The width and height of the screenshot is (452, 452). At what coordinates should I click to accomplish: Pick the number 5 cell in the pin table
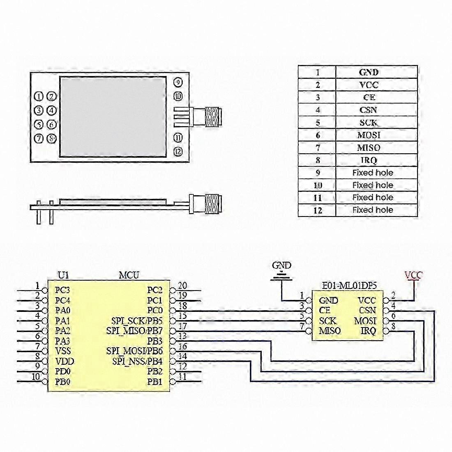point(317,122)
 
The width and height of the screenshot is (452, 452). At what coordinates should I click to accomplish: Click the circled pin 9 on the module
point(178,83)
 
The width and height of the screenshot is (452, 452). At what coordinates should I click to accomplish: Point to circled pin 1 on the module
point(39,97)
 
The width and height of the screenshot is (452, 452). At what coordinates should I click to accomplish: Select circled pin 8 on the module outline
point(52,138)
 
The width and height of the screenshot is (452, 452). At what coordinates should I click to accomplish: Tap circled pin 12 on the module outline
point(178,151)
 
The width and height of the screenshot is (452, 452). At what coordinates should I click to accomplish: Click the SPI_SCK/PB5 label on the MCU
point(137,321)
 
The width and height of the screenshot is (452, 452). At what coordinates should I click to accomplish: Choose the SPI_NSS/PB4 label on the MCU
point(137,361)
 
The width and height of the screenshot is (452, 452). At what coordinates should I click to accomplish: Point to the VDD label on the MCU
point(65,361)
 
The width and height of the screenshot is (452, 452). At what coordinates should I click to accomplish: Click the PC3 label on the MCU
point(62,290)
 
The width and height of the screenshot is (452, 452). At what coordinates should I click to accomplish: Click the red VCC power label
point(413,275)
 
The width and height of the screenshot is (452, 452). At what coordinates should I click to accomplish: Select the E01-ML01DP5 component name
point(349,286)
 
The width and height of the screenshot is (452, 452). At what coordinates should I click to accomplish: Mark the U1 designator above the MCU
point(63,275)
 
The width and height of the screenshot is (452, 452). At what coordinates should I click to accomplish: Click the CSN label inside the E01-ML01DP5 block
point(367,311)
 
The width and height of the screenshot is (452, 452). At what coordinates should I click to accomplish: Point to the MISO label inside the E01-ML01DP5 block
point(330,331)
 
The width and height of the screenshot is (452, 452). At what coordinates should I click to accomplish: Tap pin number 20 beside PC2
point(182,286)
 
